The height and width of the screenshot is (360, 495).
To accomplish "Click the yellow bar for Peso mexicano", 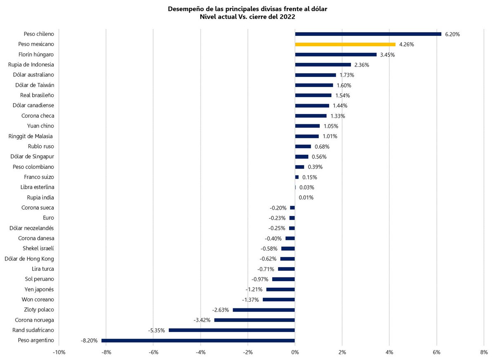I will pyautogui.click(x=345, y=44).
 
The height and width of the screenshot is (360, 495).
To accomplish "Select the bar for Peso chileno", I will pyautogui.click(x=368, y=34).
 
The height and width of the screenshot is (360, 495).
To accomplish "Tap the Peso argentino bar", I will pyautogui.click(x=198, y=341).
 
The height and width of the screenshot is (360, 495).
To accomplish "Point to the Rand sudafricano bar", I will pyautogui.click(x=232, y=330).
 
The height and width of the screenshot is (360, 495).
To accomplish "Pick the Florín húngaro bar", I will pyautogui.click(x=336, y=54).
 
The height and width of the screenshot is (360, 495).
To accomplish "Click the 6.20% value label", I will pyautogui.click(x=452, y=34).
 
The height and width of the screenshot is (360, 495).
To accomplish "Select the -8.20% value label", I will pyautogui.click(x=89, y=341).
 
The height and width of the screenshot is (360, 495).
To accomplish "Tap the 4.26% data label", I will pyautogui.click(x=406, y=45).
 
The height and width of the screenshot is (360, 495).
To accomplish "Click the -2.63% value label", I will pyautogui.click(x=220, y=310).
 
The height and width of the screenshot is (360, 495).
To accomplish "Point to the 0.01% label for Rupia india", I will pyautogui.click(x=306, y=198).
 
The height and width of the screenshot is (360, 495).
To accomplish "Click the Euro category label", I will pyautogui.click(x=48, y=218).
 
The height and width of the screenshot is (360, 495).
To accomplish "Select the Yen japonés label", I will pyautogui.click(x=39, y=289).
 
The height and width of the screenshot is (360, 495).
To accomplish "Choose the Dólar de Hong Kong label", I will pyautogui.click(x=29, y=259).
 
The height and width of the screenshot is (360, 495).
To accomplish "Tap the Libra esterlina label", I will pyautogui.click(x=37, y=187).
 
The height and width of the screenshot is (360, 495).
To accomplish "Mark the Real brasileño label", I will pyautogui.click(x=36, y=95).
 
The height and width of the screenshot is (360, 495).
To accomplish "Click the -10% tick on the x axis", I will pyautogui.click(x=59, y=352).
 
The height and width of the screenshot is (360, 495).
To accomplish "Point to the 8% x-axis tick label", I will pyautogui.click(x=484, y=352).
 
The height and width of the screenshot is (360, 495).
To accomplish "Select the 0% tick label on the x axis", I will pyautogui.click(x=295, y=352).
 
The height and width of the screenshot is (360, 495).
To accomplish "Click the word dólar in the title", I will pyautogui.click(x=318, y=9).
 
